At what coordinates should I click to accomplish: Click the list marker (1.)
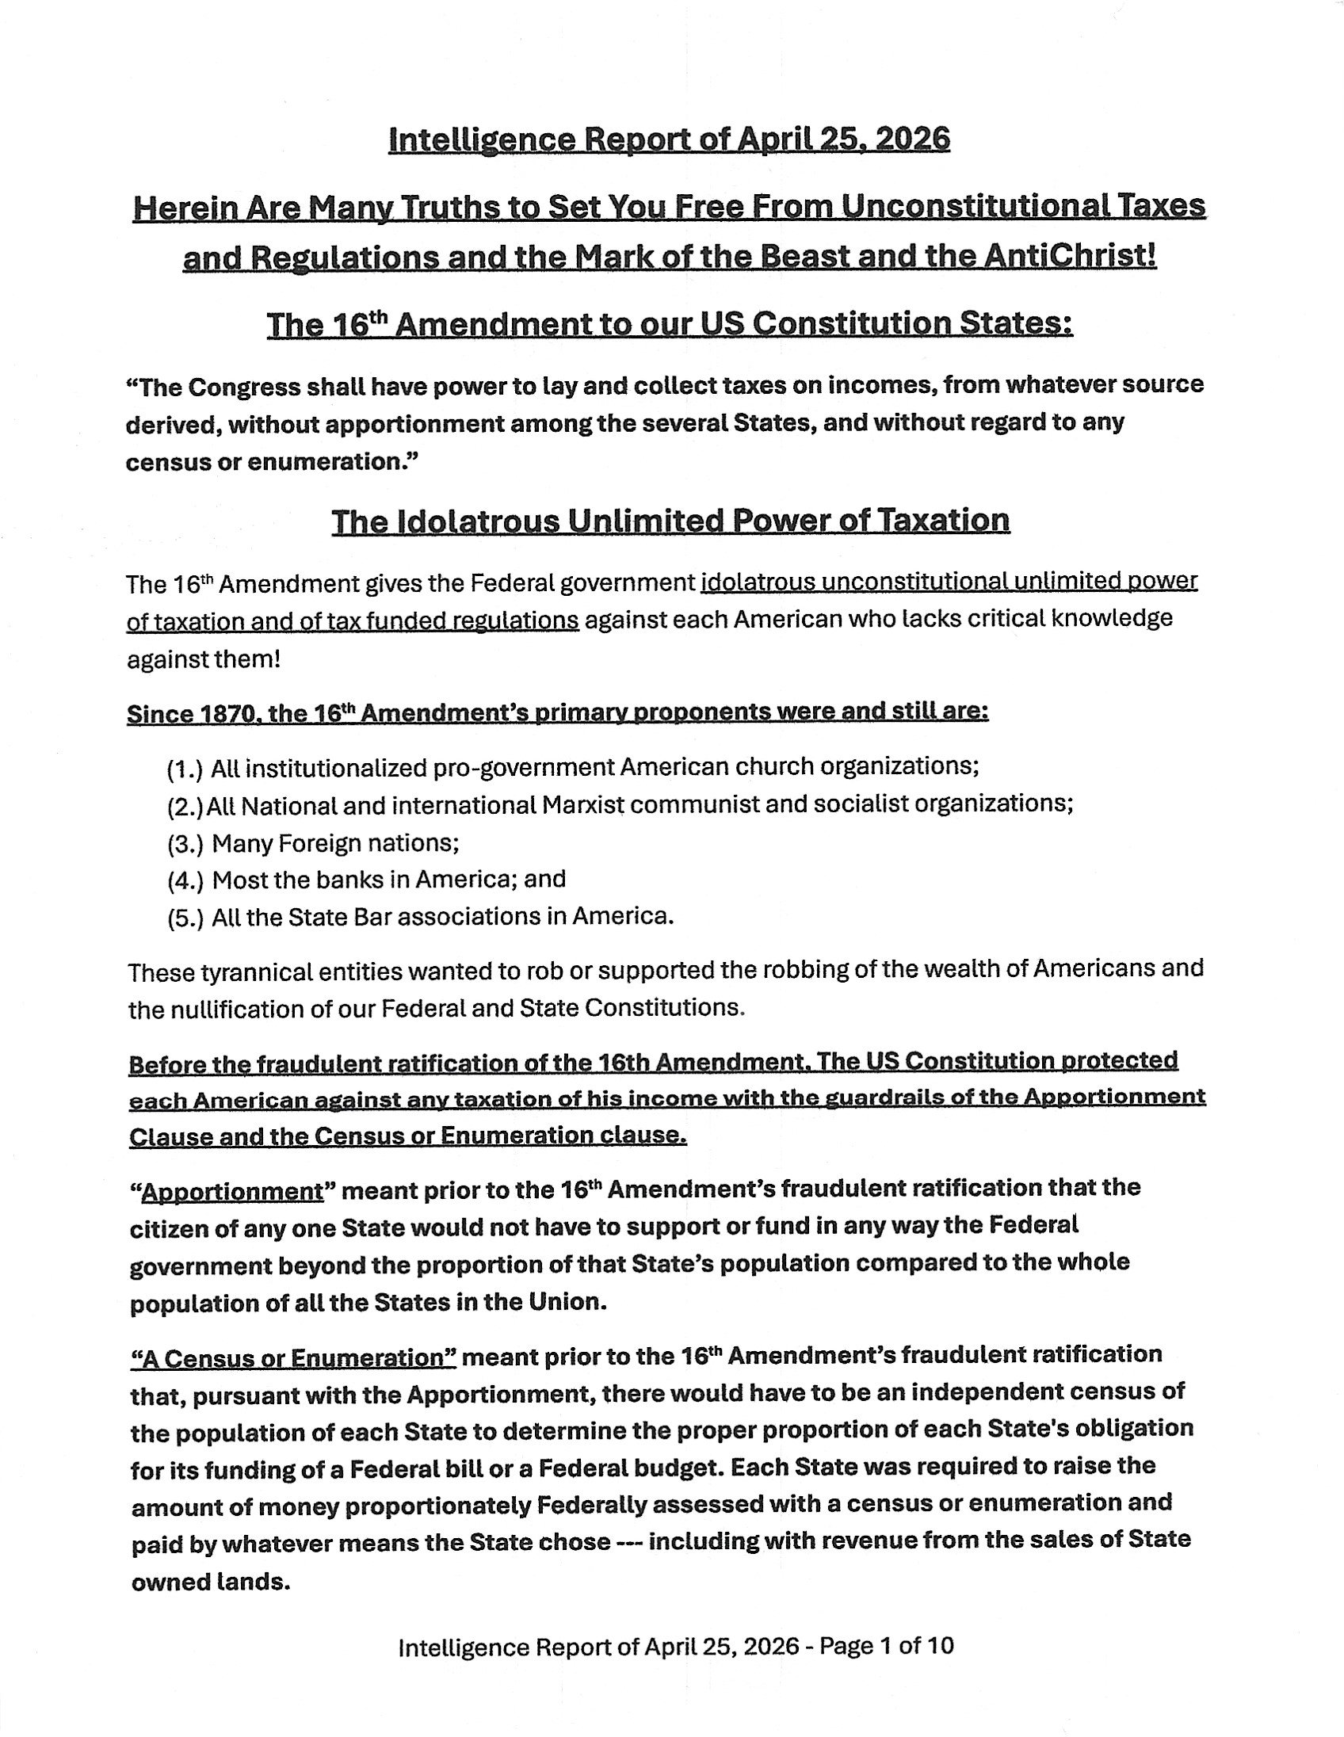[185, 769]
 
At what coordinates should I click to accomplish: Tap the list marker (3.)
[185, 843]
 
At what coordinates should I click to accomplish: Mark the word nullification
[237, 1010]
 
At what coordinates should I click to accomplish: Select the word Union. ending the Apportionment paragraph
[563, 1303]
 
